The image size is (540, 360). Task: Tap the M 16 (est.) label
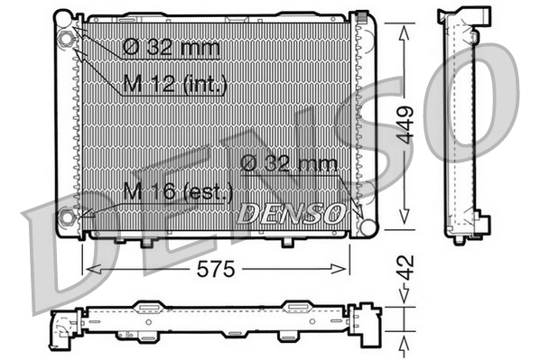178,191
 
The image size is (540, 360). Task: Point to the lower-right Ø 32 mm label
288,163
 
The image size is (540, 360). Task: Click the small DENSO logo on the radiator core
290,214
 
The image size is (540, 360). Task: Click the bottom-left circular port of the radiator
67,217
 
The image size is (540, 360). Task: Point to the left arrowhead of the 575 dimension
88,268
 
